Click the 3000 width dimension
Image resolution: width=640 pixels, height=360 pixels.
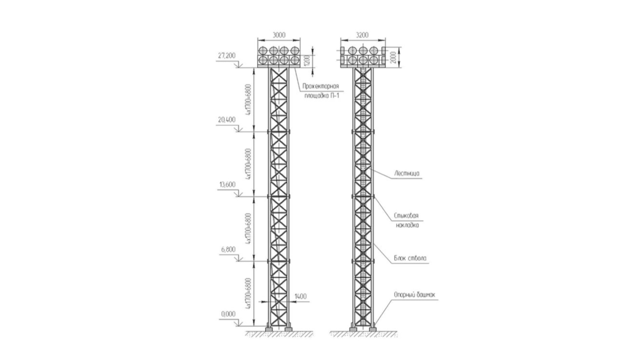coord(279,35)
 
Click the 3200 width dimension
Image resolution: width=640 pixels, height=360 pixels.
coord(362,35)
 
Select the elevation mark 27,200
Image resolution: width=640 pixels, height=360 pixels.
coord(227,56)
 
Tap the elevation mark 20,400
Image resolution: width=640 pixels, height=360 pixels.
coord(227,120)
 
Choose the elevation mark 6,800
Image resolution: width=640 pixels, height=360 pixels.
coord(228,250)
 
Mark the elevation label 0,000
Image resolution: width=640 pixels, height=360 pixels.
coord(228,314)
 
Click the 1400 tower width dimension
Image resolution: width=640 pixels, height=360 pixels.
coord(301,296)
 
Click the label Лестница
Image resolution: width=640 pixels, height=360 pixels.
coord(407,174)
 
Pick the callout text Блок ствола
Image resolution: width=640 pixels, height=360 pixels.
coord(410,259)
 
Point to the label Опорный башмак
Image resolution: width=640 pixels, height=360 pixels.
coord(414,295)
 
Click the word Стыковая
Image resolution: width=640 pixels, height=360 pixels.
coord(406,216)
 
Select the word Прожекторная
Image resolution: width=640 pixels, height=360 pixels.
coord(320,86)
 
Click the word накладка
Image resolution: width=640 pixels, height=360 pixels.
coord(407,226)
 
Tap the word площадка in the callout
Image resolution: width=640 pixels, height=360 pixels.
coord(315,96)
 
